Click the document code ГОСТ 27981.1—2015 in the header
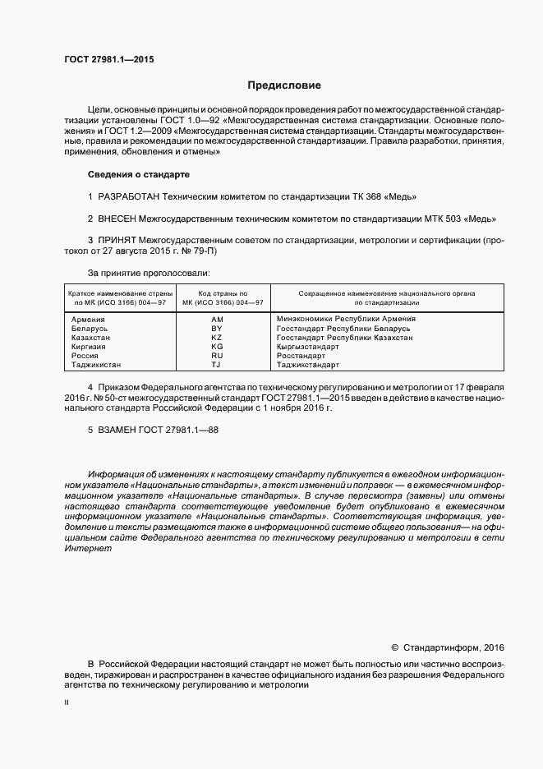108,60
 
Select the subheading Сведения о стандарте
139,175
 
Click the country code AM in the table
217,319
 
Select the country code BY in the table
217,328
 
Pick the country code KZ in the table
217,338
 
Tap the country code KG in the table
217,347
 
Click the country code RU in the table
217,356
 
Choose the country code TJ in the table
217,365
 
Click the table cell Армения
88,319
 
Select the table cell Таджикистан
96,365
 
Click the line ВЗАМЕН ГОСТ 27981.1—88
154,430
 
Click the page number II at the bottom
67,702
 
